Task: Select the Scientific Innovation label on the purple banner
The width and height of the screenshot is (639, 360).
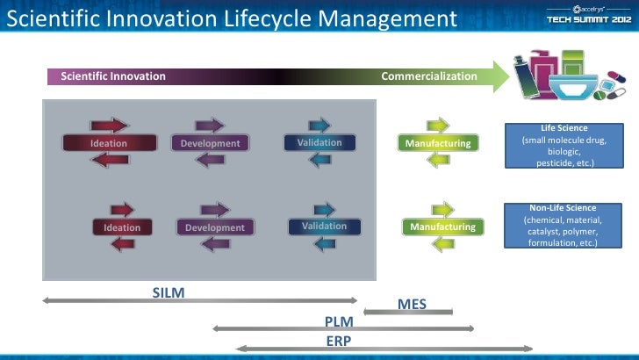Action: [113, 76]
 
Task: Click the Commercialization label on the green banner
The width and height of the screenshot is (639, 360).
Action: [429, 76]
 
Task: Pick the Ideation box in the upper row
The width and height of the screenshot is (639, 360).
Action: [109, 143]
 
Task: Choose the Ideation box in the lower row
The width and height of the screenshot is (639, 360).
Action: [122, 228]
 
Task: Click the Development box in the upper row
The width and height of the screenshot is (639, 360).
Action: [210, 143]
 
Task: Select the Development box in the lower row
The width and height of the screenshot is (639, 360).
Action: [215, 228]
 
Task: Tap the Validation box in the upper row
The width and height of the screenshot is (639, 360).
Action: [313, 142]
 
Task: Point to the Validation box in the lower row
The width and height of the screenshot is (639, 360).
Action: [324, 227]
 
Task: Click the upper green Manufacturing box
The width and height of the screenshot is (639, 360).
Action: [438, 142]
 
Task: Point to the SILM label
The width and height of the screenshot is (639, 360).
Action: [169, 292]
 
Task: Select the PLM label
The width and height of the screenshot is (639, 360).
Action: [339, 321]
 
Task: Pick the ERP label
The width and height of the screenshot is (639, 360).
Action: [339, 340]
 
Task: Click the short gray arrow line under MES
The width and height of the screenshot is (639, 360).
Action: [420, 313]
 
